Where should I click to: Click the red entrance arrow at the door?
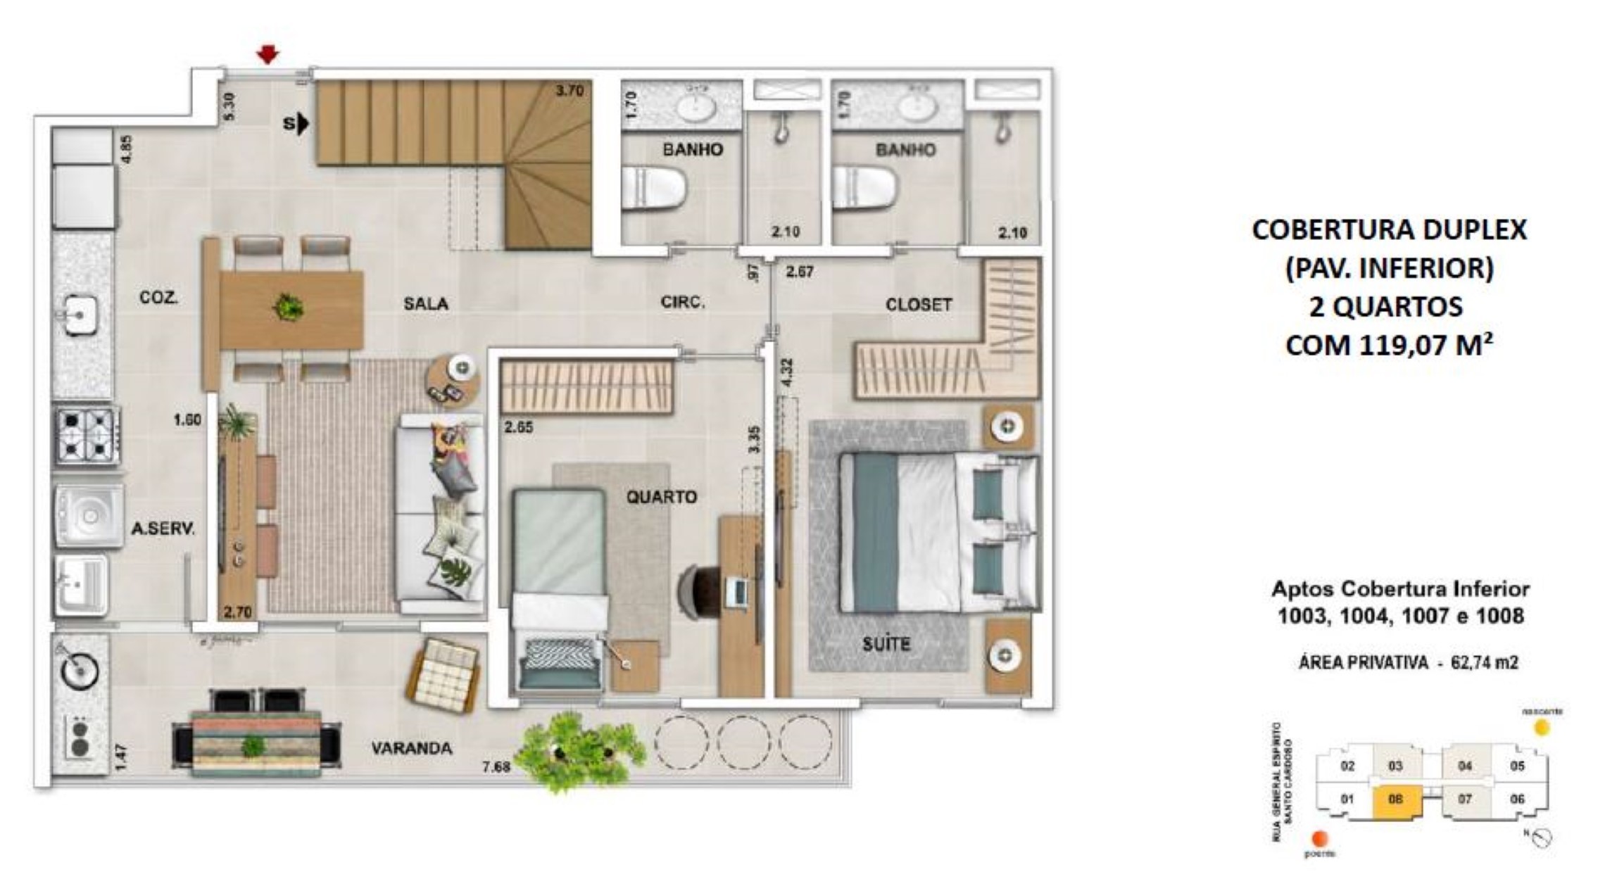(267, 54)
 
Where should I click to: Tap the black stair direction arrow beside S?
(303, 124)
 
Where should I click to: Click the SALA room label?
(426, 303)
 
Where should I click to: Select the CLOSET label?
(918, 305)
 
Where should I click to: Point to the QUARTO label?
(662, 497)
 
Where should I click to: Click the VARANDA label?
(412, 747)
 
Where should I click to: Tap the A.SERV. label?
(163, 529)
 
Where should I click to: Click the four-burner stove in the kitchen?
(87, 435)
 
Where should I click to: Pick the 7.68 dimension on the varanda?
(496, 766)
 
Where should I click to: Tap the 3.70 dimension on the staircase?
(569, 90)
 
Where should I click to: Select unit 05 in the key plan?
(1517, 766)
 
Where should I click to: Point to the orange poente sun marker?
(1320, 838)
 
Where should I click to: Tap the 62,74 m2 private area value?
(1484, 662)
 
